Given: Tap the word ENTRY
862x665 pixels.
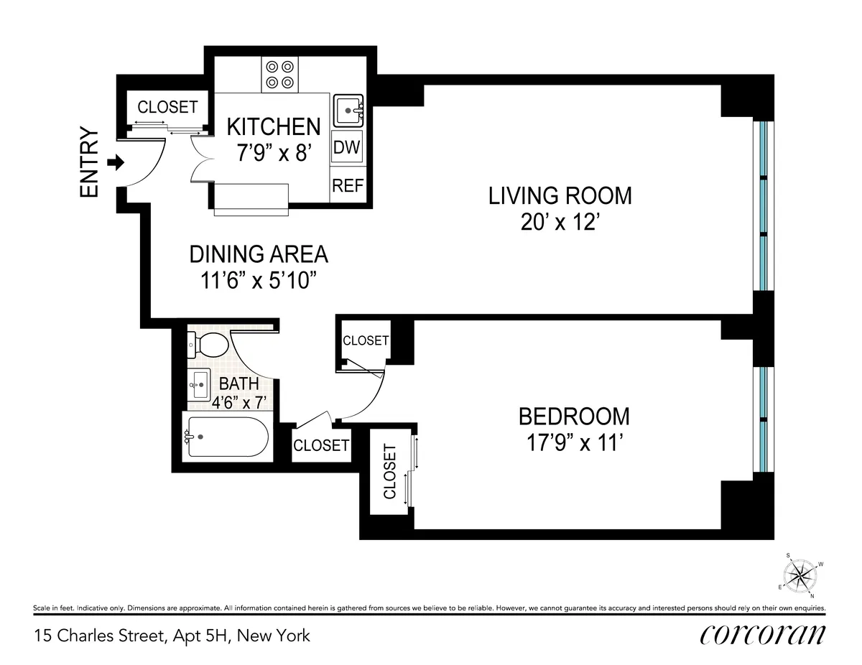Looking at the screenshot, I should (89, 162).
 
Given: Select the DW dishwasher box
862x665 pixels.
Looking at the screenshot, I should (348, 149).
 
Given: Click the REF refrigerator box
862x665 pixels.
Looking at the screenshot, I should (348, 185).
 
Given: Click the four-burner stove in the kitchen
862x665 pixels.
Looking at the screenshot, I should (279, 74).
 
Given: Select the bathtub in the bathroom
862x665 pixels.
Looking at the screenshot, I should (227, 437).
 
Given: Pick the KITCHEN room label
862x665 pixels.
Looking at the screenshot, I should (273, 126).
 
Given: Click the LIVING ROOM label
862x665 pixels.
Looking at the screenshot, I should (560, 195).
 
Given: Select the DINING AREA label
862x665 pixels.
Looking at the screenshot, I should (259, 254).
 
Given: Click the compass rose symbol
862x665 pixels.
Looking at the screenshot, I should (800, 575).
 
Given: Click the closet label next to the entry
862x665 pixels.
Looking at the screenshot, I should (167, 107).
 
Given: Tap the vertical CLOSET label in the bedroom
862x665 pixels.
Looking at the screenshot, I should (390, 471).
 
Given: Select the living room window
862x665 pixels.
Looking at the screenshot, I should (764, 205).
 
